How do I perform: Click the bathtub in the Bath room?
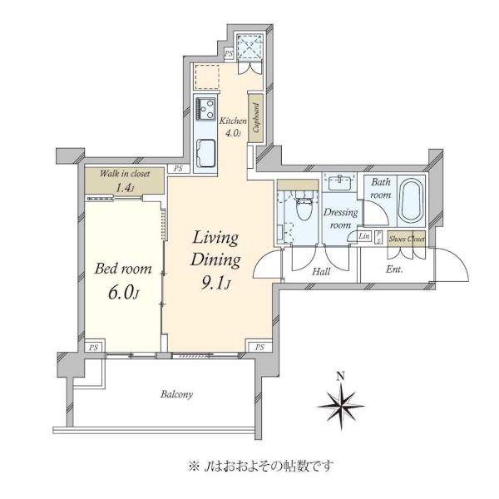412,200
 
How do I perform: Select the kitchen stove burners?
205,109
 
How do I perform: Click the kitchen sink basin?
205,154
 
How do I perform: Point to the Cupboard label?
256,118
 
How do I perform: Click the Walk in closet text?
125,174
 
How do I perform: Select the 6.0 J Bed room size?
123,293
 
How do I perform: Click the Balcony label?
176,394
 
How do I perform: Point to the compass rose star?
341,407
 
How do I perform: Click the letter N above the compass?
341,377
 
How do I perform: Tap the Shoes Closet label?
407,239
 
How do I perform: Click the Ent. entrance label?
394,269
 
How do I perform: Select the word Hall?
321,271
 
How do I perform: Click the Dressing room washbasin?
341,182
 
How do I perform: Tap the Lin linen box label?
364,236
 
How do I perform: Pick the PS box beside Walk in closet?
179,168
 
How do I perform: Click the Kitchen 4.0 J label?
233,126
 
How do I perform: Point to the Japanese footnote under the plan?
261,467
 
